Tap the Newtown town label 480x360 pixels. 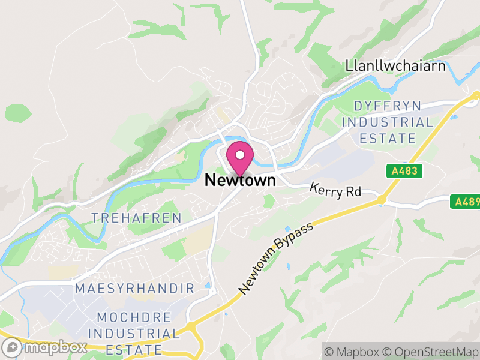[x=240, y=179]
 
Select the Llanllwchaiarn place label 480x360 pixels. [x=395, y=66]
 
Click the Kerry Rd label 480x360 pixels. [x=335, y=190]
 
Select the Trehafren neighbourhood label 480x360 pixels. [x=136, y=218]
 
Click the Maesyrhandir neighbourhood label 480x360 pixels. [x=135, y=289]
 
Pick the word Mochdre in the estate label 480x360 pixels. [x=134, y=317]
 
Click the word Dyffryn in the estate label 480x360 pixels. [x=388, y=106]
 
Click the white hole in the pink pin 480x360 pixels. [x=240, y=155]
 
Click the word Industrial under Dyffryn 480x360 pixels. [x=388, y=122]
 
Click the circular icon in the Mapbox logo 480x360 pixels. [x=12, y=347]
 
